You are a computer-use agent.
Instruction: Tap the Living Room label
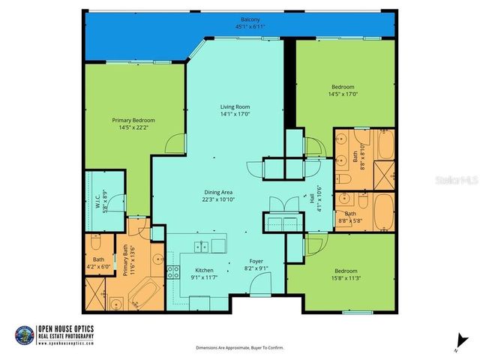[x=234, y=107]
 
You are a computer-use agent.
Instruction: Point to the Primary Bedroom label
[x=133, y=121]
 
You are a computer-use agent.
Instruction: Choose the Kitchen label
[x=204, y=270]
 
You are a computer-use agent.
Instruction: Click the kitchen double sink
[x=201, y=246]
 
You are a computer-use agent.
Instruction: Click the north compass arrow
[x=455, y=342]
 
